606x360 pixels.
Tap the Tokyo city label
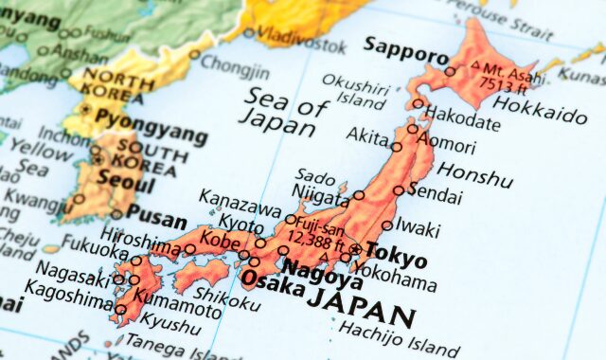(x=396, y=254)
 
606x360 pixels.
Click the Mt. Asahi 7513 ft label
(x=508, y=78)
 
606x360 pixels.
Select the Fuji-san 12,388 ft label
(x=315, y=233)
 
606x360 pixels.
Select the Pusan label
(x=156, y=217)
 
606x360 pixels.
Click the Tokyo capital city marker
(x=355, y=250)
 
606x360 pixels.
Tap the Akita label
(x=367, y=136)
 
